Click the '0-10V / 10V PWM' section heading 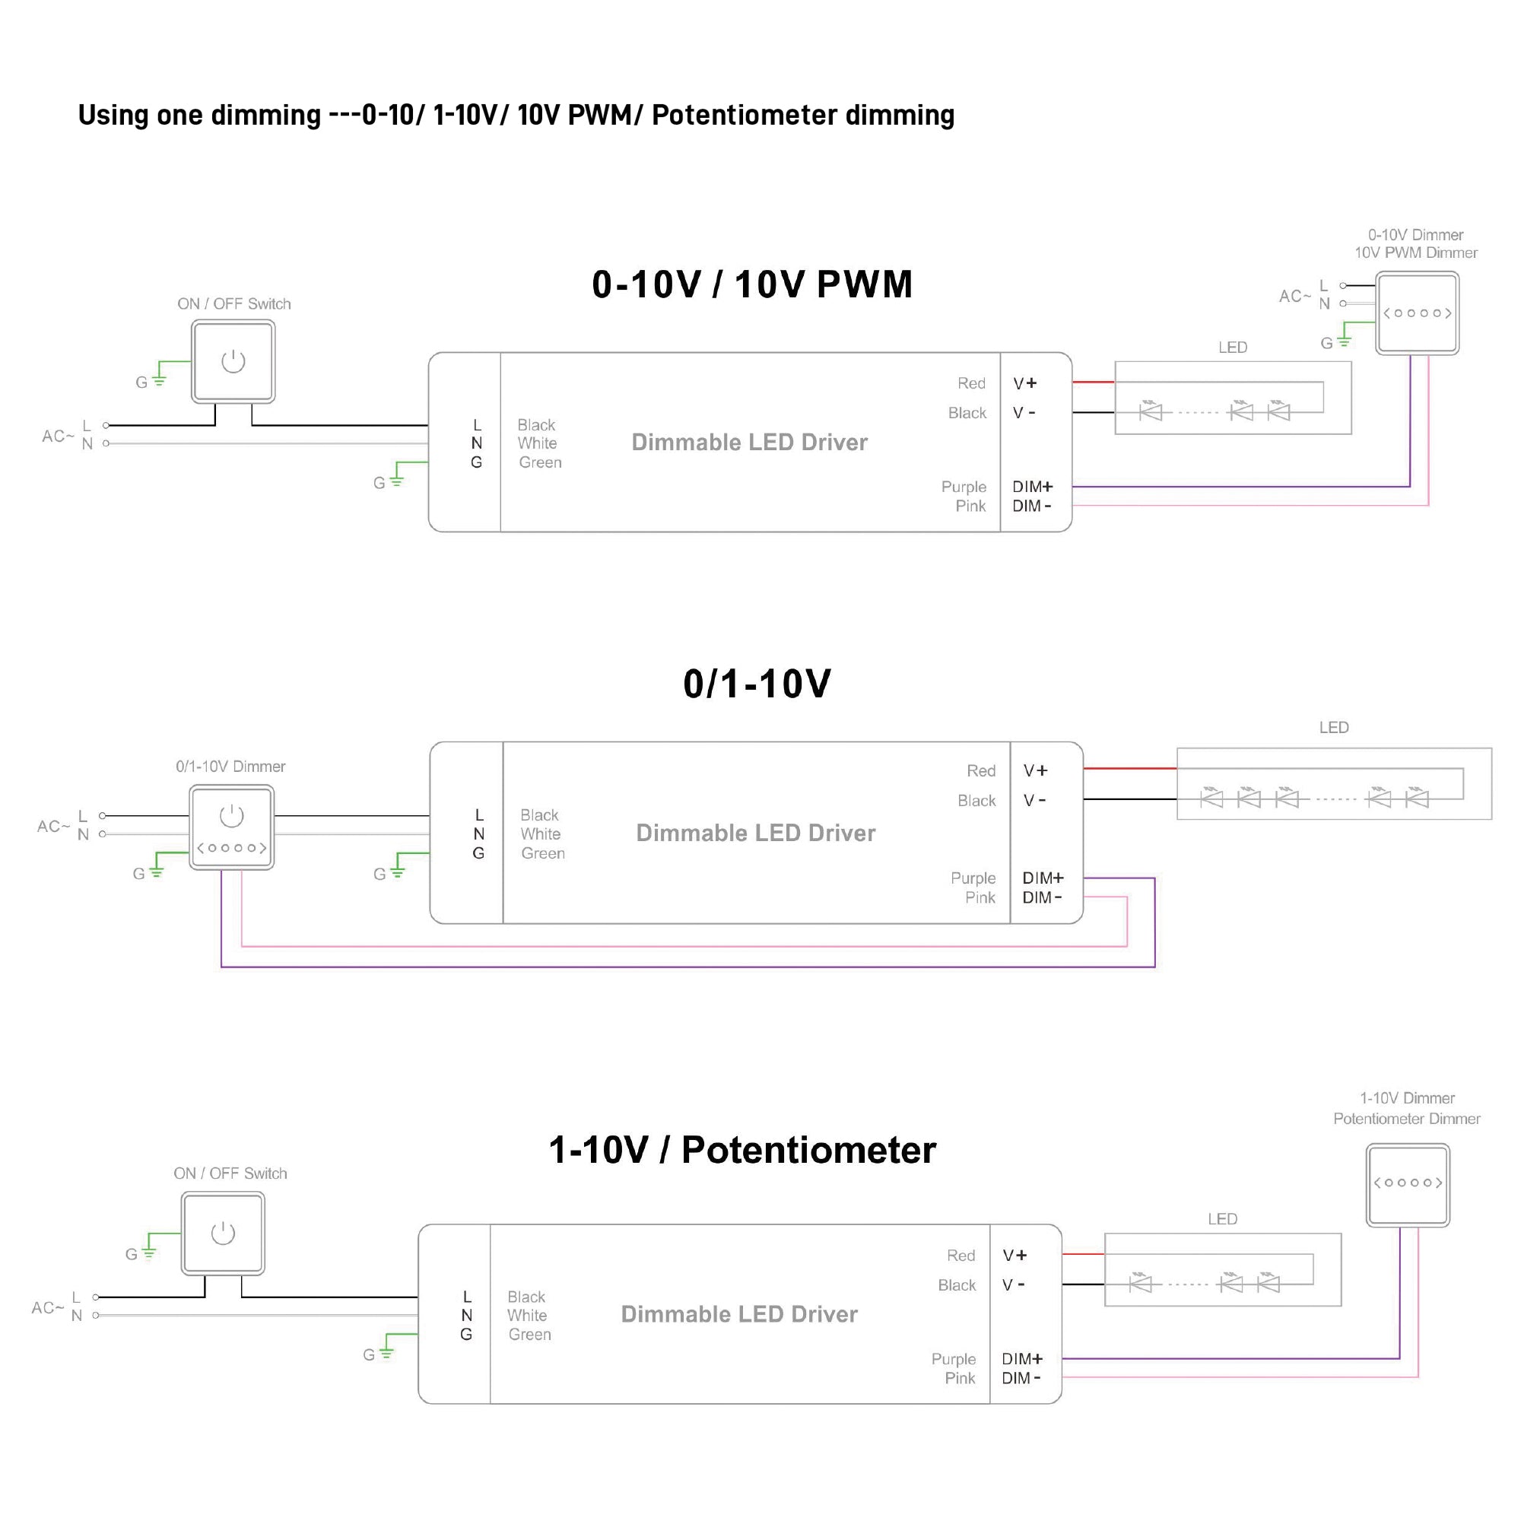pyautogui.click(x=752, y=284)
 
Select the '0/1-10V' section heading pyautogui.click(x=757, y=684)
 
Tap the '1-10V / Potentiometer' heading pyautogui.click(x=741, y=1150)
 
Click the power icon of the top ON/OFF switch pyautogui.click(x=233, y=361)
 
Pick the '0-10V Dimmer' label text pyautogui.click(x=1415, y=234)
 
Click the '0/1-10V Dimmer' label pyautogui.click(x=230, y=766)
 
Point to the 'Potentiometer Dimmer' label pyautogui.click(x=1406, y=1119)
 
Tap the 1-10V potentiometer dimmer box pyautogui.click(x=1408, y=1185)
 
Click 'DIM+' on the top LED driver pyautogui.click(x=1032, y=487)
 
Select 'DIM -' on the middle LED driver pyautogui.click(x=1042, y=897)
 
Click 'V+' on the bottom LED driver pyautogui.click(x=1014, y=1255)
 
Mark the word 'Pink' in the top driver pyautogui.click(x=970, y=506)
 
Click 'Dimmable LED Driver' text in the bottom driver pyautogui.click(x=738, y=1314)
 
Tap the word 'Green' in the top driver pyautogui.click(x=540, y=463)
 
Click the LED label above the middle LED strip pyautogui.click(x=1334, y=728)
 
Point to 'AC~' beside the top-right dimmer pyautogui.click(x=1294, y=296)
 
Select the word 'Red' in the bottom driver pyautogui.click(x=961, y=1255)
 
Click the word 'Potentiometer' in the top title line pyautogui.click(x=744, y=115)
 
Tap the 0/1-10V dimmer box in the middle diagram pyautogui.click(x=231, y=827)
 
